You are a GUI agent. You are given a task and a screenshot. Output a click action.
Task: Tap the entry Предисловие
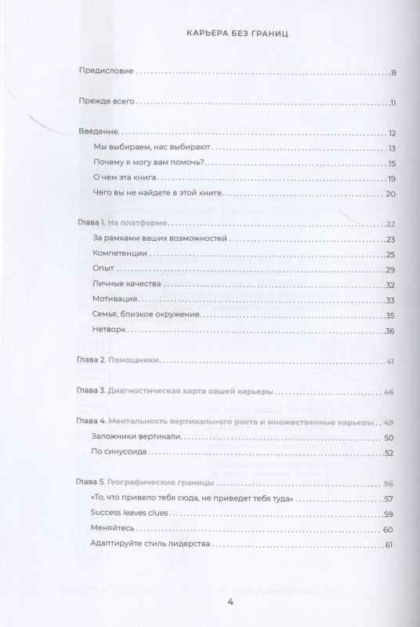tap(107, 73)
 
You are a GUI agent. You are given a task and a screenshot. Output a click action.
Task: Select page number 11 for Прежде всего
tap(394, 103)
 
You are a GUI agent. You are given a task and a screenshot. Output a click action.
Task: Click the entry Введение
tap(99, 133)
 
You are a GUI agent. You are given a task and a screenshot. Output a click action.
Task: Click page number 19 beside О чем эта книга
tap(393, 178)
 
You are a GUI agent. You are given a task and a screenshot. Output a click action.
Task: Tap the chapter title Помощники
tap(134, 360)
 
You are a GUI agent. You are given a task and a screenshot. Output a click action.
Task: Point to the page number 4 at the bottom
tap(230, 602)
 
